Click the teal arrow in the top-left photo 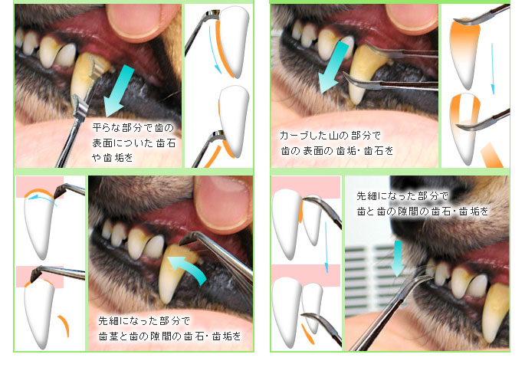coord(119,90)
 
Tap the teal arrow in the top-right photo coord(333,67)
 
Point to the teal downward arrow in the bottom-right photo coord(398,258)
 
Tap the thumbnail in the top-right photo coord(412,17)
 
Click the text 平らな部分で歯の coord(133,127)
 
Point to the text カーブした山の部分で coord(330,136)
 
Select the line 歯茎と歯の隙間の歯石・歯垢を coord(169,336)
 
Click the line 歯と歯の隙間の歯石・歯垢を coord(422,211)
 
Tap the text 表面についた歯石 coord(134,143)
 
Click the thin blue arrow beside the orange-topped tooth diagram coord(492,69)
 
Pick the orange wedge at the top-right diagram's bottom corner coord(491,156)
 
